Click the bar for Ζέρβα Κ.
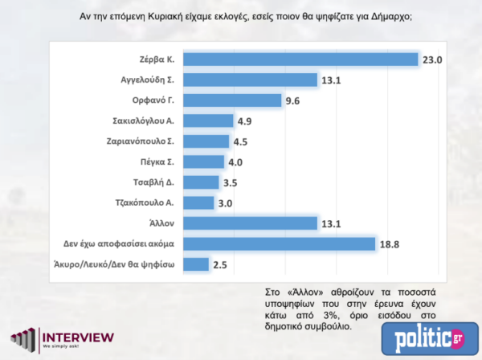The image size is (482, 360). pyautogui.click(x=301, y=59)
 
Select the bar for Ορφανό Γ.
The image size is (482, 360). pyautogui.click(x=234, y=100)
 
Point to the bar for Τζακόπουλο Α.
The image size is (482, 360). pyautogui.click(x=200, y=202)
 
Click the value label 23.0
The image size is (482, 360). pyautogui.click(x=435, y=59)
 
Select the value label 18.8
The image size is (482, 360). pyautogui.click(x=392, y=243)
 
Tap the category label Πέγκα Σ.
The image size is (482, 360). pyautogui.click(x=162, y=162)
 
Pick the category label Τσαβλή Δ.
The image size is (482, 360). pyautogui.click(x=160, y=182)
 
